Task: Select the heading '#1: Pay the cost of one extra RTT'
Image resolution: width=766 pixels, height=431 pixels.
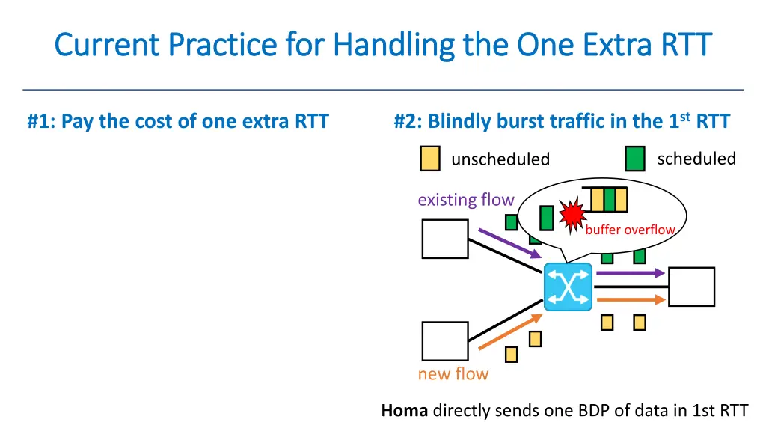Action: [x=178, y=122]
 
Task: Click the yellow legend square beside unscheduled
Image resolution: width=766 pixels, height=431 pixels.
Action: [x=429, y=159]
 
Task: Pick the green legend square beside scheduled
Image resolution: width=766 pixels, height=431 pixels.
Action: [x=635, y=159]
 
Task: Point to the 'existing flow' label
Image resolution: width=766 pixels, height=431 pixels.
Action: [x=465, y=200]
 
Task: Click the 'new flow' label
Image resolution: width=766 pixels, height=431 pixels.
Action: [x=453, y=374]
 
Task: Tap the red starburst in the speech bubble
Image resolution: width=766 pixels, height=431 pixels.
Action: [x=572, y=215]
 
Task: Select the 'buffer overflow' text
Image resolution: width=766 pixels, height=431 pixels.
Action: [x=630, y=230]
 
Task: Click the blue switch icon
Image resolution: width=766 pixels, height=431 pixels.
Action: [x=568, y=287]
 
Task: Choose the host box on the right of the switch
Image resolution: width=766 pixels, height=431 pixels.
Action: [x=691, y=287]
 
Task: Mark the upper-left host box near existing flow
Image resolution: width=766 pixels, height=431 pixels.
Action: [x=445, y=239]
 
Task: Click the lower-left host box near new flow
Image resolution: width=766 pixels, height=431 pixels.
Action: [x=445, y=341]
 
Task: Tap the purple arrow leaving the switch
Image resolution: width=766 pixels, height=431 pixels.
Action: [x=630, y=273]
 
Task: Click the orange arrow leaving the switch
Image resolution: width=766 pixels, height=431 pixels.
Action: [x=630, y=300]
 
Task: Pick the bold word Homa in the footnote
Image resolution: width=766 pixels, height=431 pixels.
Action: [x=405, y=410]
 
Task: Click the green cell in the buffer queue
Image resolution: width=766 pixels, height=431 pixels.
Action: [x=610, y=200]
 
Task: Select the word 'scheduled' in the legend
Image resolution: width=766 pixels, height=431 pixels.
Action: [x=696, y=159]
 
